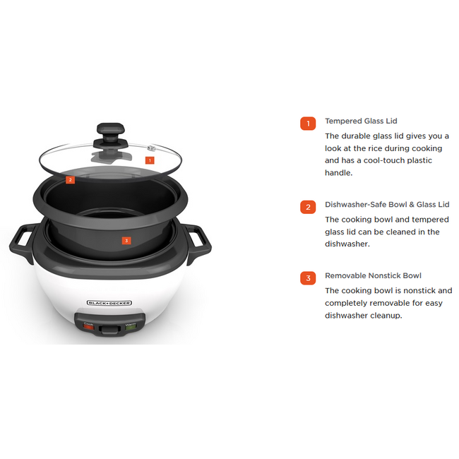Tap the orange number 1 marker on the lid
(149, 160)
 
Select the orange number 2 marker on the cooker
(70, 179)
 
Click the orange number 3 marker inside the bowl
(126, 240)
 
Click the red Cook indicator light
(89, 326)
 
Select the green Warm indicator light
(131, 326)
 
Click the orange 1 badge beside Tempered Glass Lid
(308, 124)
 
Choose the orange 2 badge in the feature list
(308, 207)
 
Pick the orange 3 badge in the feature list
(308, 278)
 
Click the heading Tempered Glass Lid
(361, 121)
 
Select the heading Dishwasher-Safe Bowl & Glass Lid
(387, 205)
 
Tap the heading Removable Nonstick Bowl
(373, 275)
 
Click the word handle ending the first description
(339, 173)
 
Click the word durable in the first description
(361, 136)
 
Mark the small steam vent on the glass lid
(150, 148)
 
